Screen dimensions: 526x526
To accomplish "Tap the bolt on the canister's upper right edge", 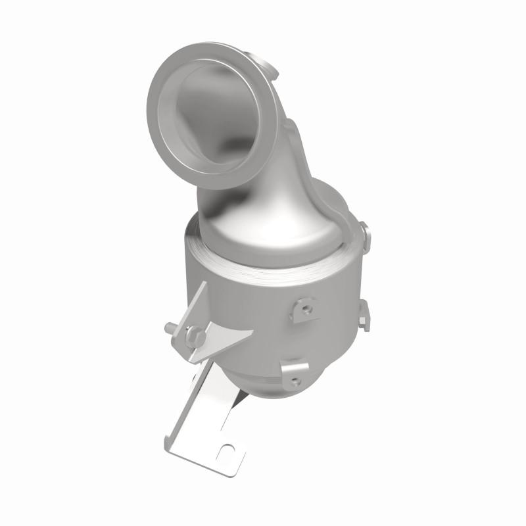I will (x=364, y=231).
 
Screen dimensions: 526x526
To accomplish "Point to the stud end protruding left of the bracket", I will (x=168, y=325).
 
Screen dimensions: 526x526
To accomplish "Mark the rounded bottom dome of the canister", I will (x=263, y=385).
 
